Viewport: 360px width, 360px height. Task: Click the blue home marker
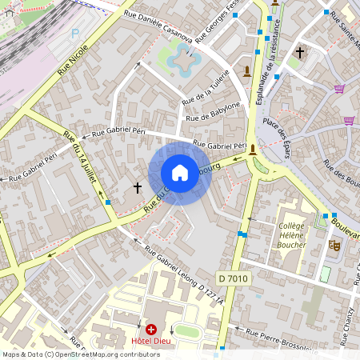click(180, 174)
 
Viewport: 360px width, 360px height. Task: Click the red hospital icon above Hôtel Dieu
click(151, 329)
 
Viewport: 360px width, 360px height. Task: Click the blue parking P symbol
click(75, 34)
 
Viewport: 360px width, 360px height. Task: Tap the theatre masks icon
click(334, 244)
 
